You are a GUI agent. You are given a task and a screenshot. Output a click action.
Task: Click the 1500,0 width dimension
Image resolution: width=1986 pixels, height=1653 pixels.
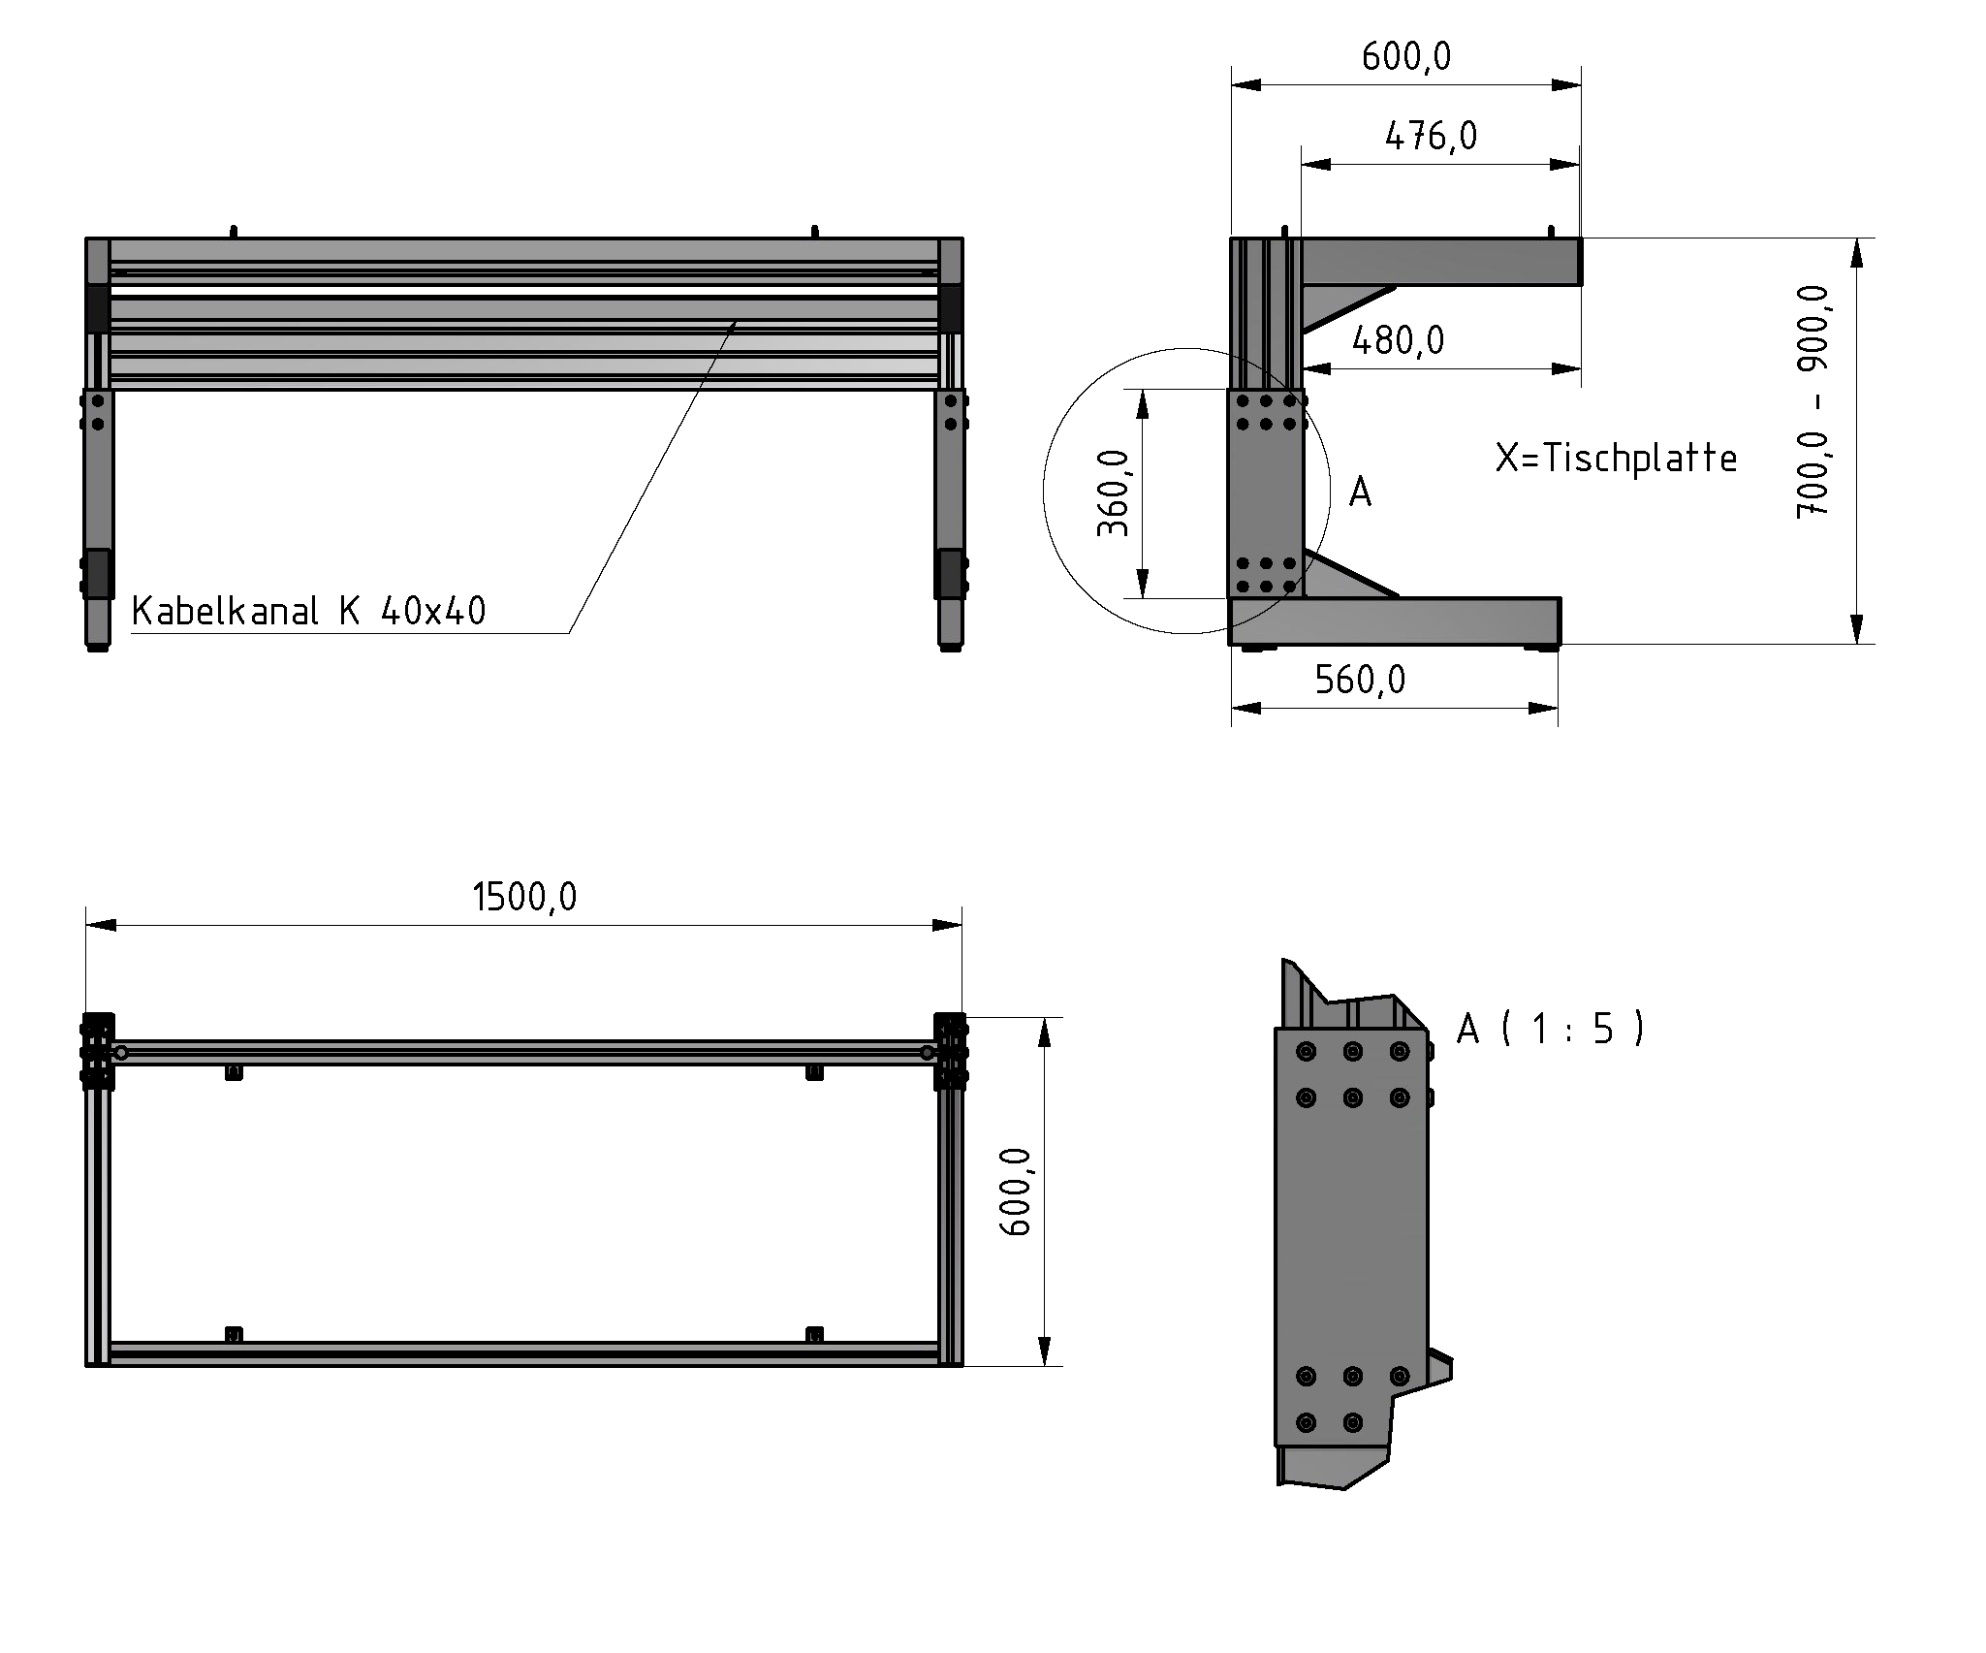tap(524, 897)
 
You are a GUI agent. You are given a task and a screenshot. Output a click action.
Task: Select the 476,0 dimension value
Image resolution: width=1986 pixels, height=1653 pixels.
tap(1431, 137)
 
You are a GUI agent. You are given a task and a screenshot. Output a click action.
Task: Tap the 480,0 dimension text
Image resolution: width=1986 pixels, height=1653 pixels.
tap(1398, 340)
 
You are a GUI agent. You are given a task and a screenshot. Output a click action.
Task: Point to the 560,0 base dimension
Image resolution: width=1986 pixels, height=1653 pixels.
tap(1359, 681)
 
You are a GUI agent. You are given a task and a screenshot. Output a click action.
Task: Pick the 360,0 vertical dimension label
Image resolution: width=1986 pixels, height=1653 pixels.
tap(1114, 493)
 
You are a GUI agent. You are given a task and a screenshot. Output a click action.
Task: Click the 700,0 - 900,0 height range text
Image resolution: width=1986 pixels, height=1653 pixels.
tap(1812, 401)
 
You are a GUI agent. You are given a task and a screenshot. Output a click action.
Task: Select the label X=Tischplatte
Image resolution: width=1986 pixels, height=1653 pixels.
tap(1616, 459)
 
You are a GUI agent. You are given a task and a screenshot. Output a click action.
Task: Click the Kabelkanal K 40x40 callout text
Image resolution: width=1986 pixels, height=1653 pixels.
tap(308, 612)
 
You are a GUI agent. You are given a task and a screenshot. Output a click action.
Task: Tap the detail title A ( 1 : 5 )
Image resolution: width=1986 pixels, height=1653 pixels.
tap(1550, 1029)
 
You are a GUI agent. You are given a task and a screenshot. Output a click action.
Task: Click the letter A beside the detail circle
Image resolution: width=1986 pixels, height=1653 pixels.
tap(1360, 493)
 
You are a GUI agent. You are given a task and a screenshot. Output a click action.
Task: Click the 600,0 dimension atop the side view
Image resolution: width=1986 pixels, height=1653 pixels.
tap(1405, 57)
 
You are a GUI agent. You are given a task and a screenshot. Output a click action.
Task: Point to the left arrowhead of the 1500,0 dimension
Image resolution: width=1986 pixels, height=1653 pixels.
tap(100, 925)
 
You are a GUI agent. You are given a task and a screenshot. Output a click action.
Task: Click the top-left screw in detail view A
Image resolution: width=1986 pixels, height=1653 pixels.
tap(1306, 1051)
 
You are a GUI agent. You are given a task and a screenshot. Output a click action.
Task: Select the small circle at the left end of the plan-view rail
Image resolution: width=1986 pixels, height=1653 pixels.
tap(121, 1052)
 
